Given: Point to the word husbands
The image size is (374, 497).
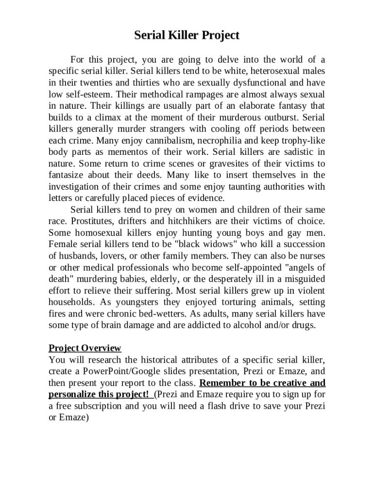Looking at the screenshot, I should pos(75,256).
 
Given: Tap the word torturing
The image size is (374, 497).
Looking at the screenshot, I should pos(232,302).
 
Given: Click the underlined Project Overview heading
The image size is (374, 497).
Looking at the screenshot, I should pos(85,348).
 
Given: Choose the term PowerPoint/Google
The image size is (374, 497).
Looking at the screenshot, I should pos(121,371).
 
